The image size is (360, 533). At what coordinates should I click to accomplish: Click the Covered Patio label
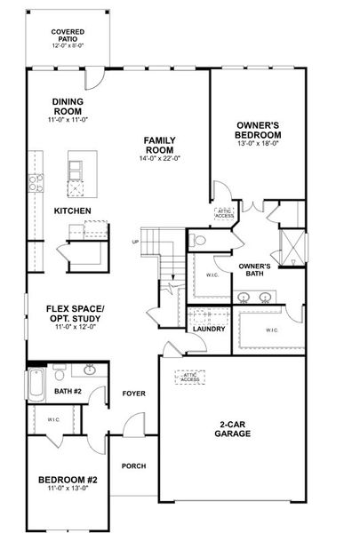coord(68,36)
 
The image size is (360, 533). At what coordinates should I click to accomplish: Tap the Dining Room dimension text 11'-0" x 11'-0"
coord(68,120)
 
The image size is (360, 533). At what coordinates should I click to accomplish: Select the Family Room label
coord(159,145)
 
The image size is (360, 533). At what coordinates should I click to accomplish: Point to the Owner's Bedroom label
coord(258,131)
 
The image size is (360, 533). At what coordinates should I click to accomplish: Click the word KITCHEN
coord(73,211)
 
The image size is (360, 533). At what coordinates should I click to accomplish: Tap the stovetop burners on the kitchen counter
coord(36,183)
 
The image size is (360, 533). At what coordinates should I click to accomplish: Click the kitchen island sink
coord(76,188)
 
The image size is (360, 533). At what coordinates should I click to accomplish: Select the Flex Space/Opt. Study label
coord(76,314)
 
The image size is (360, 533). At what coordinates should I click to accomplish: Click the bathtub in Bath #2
coord(36,386)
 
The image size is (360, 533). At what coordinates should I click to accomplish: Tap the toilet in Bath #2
coord(60,372)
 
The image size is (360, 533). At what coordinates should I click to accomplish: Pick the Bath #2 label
coord(68,392)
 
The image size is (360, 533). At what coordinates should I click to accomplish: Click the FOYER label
coord(133,394)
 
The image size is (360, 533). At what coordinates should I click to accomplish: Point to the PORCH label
coord(133,466)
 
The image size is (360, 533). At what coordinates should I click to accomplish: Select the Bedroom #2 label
coord(68,480)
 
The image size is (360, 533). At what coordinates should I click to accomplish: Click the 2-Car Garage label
coord(232,429)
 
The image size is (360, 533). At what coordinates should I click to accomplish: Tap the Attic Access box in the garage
coord(190,378)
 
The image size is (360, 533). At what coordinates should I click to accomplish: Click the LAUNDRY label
coord(209,329)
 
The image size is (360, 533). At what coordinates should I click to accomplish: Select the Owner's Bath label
coord(254,270)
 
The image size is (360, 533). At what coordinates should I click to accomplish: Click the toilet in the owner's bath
coord(197,241)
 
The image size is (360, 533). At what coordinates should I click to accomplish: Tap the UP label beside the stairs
coord(135,242)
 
